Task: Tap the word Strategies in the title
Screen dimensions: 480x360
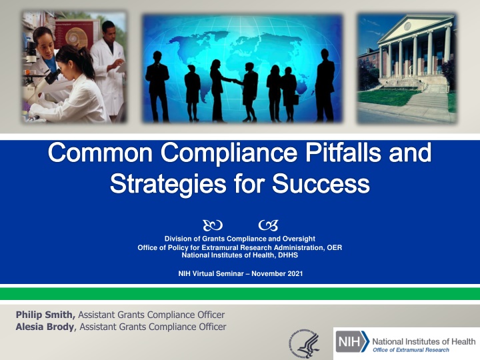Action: [168, 184]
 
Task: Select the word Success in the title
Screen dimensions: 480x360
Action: [321, 184]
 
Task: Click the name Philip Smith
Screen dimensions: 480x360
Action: [45, 315]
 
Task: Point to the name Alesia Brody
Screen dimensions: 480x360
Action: [45, 327]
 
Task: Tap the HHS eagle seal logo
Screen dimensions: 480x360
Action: [304, 343]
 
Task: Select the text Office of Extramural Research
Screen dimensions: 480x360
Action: [411, 350]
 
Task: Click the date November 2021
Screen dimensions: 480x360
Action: [277, 273]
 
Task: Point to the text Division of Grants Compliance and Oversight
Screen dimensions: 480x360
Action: [240, 239]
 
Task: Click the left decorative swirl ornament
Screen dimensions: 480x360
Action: [213, 225]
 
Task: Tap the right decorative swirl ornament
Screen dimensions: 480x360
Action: [269, 225]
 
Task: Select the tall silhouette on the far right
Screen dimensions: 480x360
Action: [325, 85]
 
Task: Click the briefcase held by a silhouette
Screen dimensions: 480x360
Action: [296, 100]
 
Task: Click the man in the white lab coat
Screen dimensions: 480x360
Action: [108, 69]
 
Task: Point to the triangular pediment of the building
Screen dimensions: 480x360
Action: [414, 27]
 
